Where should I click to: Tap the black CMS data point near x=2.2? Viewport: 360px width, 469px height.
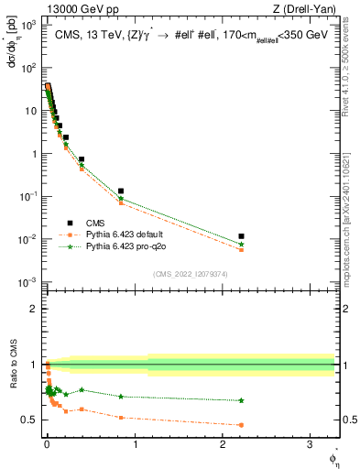241,236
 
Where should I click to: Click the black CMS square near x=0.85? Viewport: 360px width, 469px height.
121,191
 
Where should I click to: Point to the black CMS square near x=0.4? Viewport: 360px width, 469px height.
82,159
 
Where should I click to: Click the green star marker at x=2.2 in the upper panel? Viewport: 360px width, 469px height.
241,245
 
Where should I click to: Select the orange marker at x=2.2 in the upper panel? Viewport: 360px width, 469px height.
241,250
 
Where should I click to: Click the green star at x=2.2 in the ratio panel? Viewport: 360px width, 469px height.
241,400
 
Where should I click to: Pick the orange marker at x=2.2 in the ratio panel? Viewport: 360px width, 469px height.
241,425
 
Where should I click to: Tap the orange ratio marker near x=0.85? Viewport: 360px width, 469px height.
121,418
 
